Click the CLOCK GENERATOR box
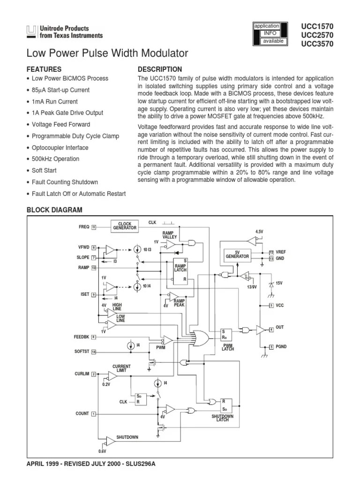click(x=125, y=226)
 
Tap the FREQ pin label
click(x=84, y=227)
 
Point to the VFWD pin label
click(x=83, y=247)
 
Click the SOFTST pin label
click(x=81, y=352)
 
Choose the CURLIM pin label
click(x=82, y=374)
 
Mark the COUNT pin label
click(x=82, y=413)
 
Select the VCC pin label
click(x=280, y=306)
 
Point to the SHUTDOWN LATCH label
click(x=223, y=418)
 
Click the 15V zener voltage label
click(x=280, y=283)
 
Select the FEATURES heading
click(x=44, y=69)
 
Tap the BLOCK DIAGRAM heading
click(x=54, y=210)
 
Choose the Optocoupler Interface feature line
click(x=62, y=148)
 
